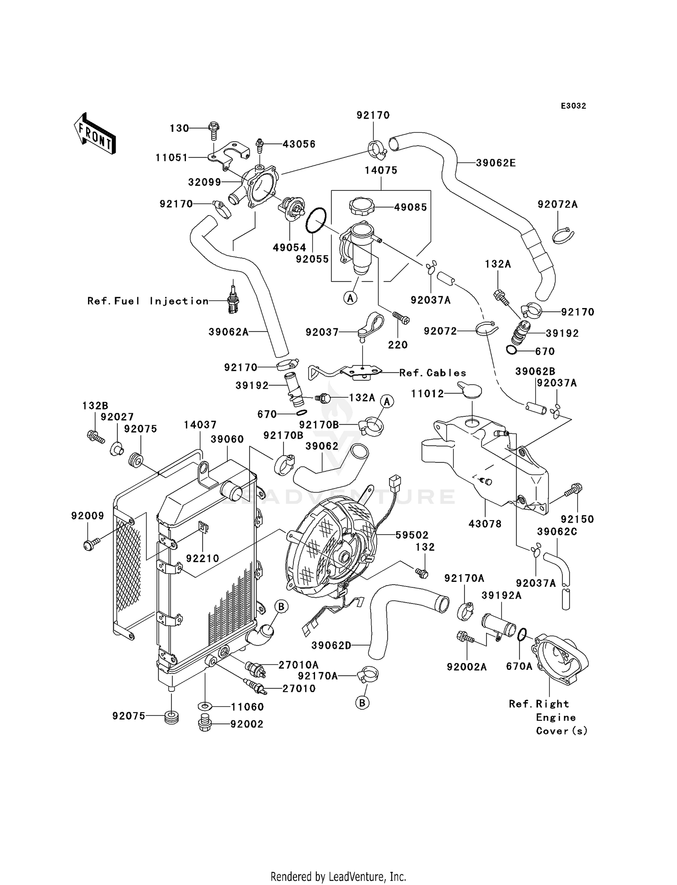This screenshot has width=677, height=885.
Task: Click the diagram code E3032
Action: tap(573, 106)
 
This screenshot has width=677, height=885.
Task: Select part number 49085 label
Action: tap(410, 207)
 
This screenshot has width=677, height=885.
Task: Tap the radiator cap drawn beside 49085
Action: tap(362, 207)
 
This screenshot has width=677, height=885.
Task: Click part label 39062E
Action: tap(496, 163)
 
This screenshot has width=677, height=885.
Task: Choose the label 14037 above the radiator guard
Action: tap(200, 425)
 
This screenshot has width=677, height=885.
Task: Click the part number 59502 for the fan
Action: tap(412, 535)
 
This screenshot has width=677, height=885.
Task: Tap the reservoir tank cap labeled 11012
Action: tap(469, 391)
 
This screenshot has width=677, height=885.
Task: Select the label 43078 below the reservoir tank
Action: tap(485, 524)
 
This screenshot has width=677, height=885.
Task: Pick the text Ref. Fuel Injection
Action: tap(148, 301)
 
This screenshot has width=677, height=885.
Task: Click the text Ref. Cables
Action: tap(433, 373)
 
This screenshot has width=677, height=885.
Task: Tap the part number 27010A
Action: tap(298, 665)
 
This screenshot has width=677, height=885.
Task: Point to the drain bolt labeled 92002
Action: tap(205, 724)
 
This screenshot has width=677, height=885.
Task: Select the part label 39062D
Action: tap(331, 646)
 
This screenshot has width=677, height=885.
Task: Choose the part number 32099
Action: tap(204, 182)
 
